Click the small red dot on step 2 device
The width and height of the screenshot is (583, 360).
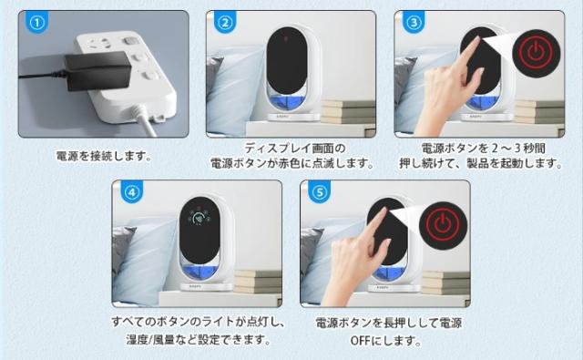click(288, 39)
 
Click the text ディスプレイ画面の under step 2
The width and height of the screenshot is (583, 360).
click(291, 148)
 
